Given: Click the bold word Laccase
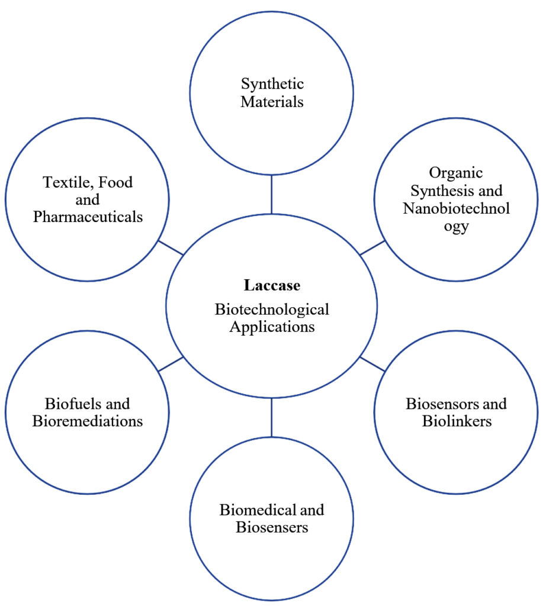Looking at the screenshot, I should click(x=272, y=285).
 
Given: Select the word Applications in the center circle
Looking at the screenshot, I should click(x=272, y=326).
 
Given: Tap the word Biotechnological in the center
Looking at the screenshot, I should click(x=272, y=309).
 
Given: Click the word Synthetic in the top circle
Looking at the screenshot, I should click(x=272, y=84).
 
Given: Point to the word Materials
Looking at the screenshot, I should click(x=272, y=102).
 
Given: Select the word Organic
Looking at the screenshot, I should click(x=456, y=173).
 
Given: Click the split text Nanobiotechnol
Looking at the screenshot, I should click(x=456, y=208).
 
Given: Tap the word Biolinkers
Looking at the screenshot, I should click(x=456, y=421).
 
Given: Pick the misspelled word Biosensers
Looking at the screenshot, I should click(x=272, y=527).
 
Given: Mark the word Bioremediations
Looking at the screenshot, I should click(x=88, y=421).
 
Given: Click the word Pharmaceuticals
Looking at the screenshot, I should click(x=88, y=217).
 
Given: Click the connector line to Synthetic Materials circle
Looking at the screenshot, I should click(x=272, y=195).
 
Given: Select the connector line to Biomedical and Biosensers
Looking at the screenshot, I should click(x=272, y=417).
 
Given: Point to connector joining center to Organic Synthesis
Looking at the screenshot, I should click(x=372, y=247).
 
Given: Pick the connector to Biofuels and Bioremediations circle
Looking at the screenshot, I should click(x=171, y=364).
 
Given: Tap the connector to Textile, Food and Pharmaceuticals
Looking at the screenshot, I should click(x=171, y=247).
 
